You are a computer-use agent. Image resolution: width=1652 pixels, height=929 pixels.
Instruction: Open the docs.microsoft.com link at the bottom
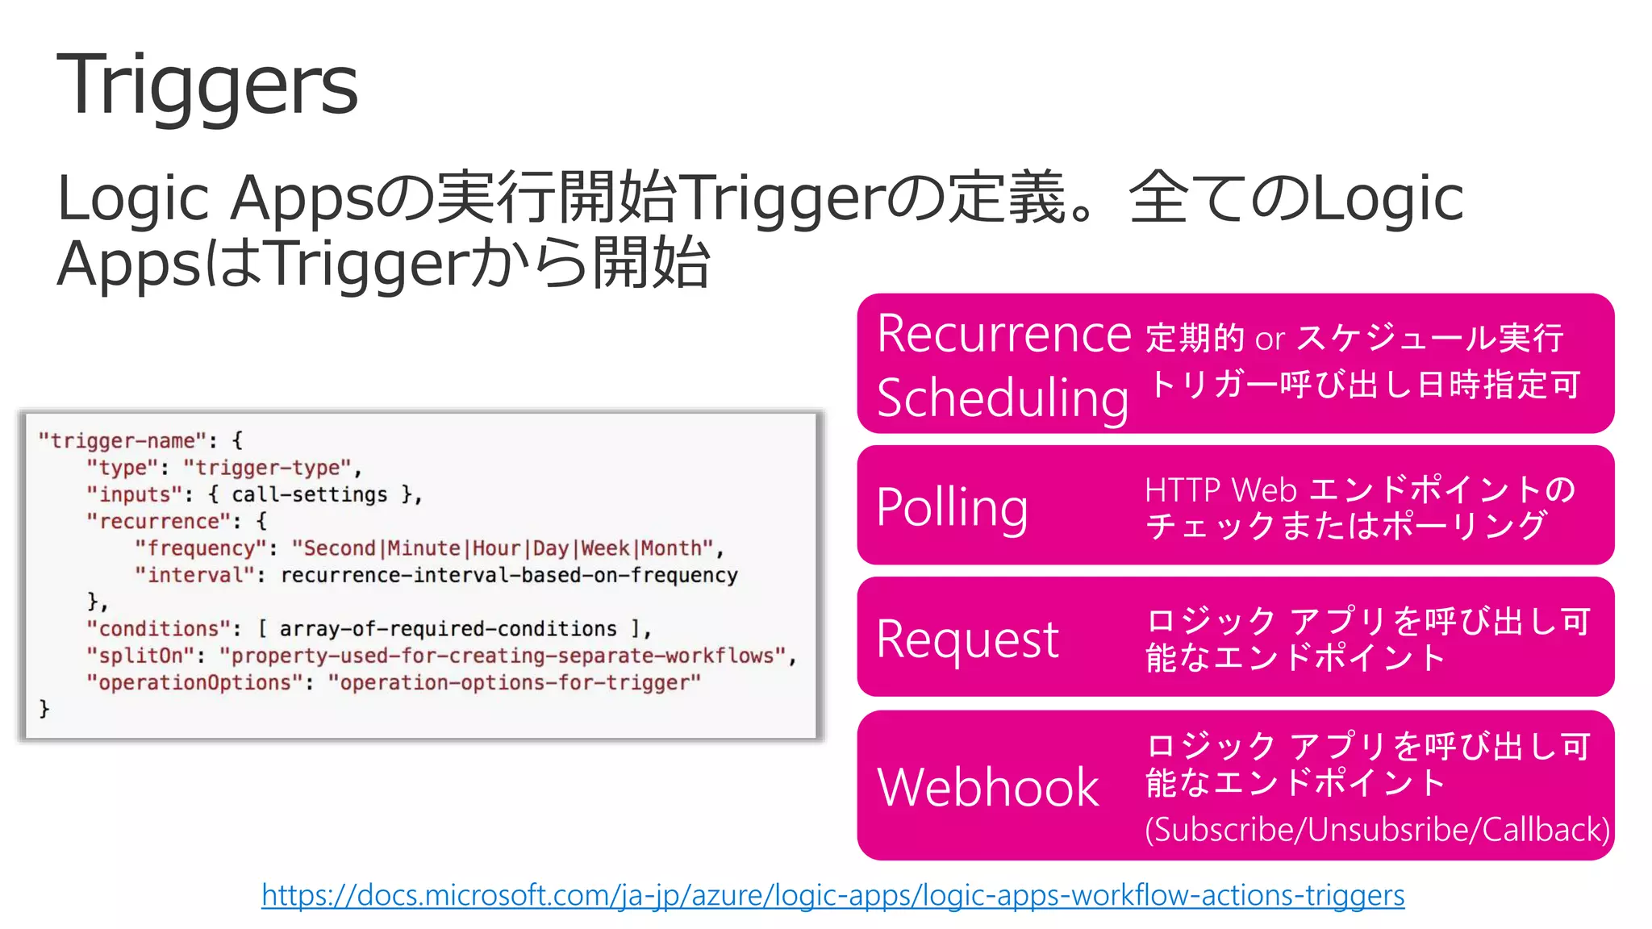(832, 895)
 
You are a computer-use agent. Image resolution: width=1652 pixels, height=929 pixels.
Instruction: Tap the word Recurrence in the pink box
(1004, 333)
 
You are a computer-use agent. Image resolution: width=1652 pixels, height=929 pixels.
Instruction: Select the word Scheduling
(1003, 398)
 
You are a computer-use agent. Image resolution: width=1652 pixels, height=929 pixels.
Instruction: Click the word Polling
(952, 507)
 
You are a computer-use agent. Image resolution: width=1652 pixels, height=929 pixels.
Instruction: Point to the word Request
(967, 639)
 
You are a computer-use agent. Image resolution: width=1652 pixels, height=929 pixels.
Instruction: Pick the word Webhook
(988, 787)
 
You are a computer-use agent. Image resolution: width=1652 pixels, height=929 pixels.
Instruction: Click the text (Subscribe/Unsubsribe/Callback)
(1377, 830)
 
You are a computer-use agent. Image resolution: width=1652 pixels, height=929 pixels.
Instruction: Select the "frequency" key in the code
(201, 548)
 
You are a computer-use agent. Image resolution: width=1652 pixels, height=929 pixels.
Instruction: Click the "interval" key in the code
(194, 575)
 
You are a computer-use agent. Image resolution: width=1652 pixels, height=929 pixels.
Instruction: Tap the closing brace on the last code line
(44, 709)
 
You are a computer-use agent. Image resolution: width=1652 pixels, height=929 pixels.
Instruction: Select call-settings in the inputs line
(309, 494)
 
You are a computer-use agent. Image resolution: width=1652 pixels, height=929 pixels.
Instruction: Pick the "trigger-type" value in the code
(267, 468)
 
